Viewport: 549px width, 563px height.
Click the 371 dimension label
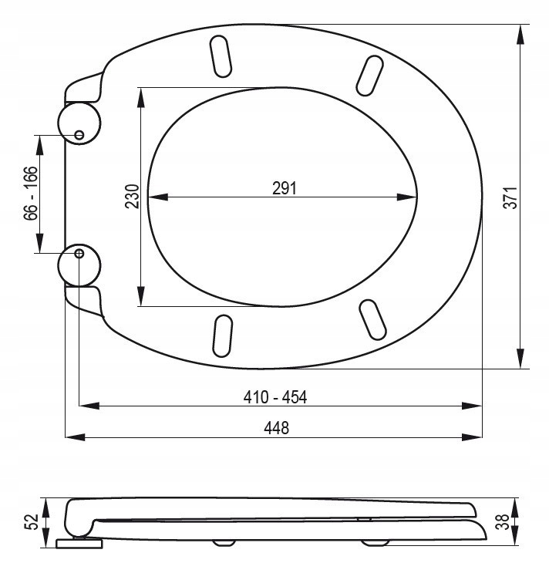point(510,197)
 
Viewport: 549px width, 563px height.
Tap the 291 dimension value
point(284,188)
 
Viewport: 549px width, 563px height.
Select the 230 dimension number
point(132,196)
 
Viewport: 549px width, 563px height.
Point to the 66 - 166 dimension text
point(31,193)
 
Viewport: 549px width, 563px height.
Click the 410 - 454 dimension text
point(275,397)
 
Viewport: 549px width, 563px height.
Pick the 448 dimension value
point(276,428)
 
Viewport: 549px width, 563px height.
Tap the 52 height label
point(32,522)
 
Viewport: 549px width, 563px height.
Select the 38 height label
point(502,521)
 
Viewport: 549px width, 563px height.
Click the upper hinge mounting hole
point(79,135)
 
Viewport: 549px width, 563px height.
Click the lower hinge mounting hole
point(79,254)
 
